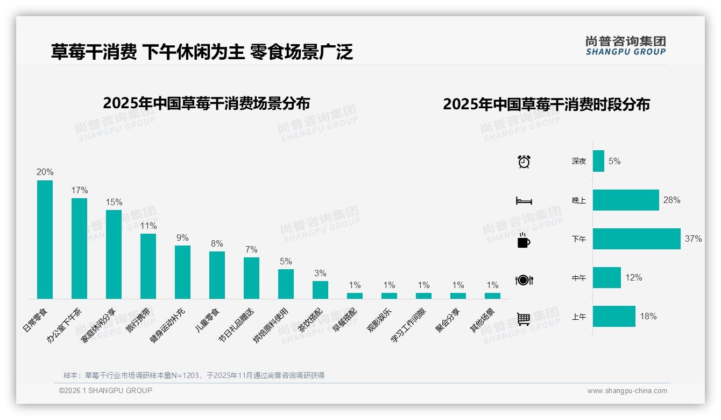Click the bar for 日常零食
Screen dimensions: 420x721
pos(45,239)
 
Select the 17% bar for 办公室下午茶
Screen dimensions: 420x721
pos(79,248)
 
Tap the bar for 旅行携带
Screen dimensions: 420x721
pos(148,266)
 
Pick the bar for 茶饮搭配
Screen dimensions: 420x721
pos(320,290)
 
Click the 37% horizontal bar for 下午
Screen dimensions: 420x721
pos(637,239)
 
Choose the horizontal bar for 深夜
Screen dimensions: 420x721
pos(598,161)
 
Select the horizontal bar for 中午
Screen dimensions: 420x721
pos(606,278)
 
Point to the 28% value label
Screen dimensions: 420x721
pos(671,200)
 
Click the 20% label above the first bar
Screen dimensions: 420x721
pos(45,172)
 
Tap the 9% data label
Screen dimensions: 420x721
pos(182,237)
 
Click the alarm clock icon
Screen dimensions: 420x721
pos(524,162)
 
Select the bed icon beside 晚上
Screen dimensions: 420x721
pos(524,201)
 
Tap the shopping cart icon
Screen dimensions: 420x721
pos(524,319)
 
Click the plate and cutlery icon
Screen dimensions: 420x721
pos(524,280)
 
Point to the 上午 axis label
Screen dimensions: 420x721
pos(579,317)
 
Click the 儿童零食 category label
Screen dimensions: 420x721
pos(208,320)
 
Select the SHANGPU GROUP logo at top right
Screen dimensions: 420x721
pos(625,45)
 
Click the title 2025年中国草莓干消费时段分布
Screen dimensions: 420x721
pos(546,104)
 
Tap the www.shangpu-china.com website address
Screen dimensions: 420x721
pos(627,391)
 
